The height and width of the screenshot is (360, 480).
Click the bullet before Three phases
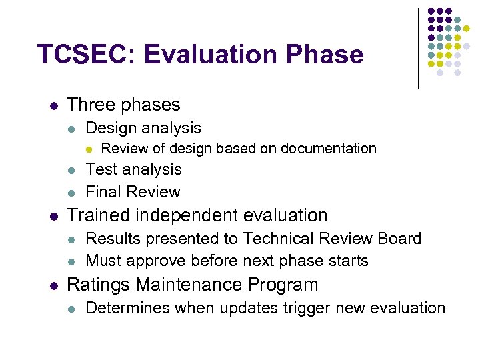click(53, 105)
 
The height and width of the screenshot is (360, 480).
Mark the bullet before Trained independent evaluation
click(53, 216)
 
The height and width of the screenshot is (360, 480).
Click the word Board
click(399, 239)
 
